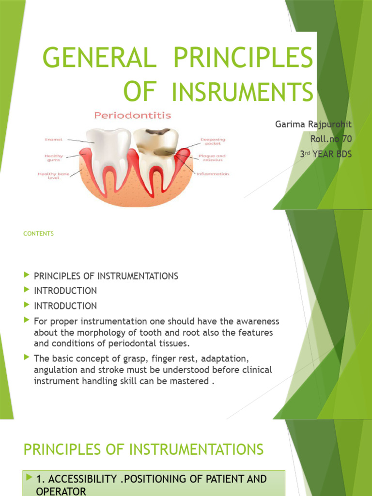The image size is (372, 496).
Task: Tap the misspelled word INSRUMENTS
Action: pyautogui.click(x=243, y=92)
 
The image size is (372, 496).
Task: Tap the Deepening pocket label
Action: pyautogui.click(x=212, y=141)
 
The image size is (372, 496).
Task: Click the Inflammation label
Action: pyautogui.click(x=213, y=174)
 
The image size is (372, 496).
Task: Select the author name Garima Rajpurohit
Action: pyautogui.click(x=313, y=124)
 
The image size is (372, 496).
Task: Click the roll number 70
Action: pyautogui.click(x=346, y=139)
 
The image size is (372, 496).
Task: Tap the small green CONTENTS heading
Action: pyautogui.click(x=38, y=233)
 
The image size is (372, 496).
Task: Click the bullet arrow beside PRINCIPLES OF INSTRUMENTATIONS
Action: pyautogui.click(x=26, y=276)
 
